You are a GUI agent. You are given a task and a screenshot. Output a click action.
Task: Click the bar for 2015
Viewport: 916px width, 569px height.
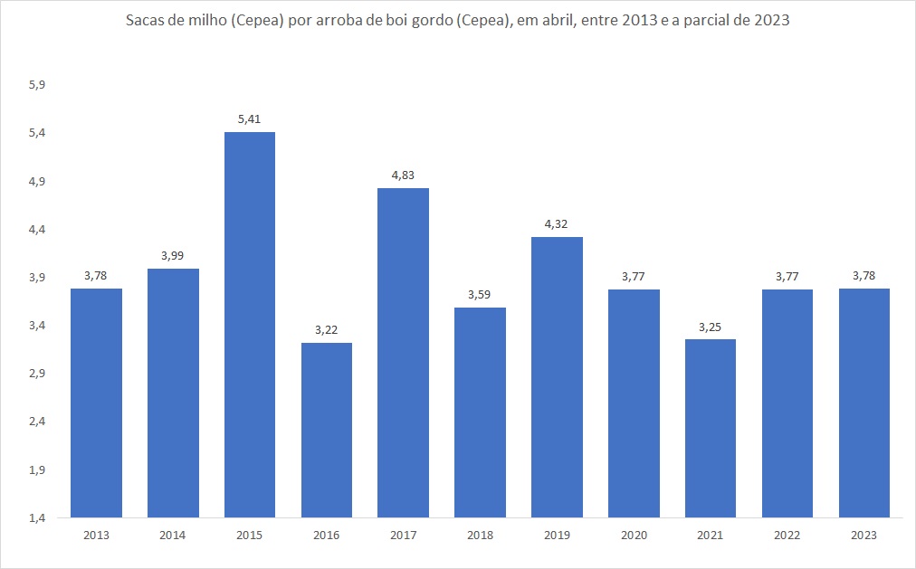coord(249,325)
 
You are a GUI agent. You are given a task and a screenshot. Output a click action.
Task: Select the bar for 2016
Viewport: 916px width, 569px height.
coord(326,430)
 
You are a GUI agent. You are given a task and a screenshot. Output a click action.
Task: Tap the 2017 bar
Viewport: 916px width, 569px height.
coord(403,353)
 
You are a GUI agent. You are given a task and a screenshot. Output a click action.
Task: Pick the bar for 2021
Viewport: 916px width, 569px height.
coord(711,428)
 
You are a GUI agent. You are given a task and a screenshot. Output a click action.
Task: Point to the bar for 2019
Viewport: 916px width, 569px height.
coord(557,377)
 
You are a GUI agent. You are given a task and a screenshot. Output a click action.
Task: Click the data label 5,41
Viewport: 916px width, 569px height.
coord(249,119)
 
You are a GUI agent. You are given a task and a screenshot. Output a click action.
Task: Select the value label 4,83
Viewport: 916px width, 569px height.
coord(403,175)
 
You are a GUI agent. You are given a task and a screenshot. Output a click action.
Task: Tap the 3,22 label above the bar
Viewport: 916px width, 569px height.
coord(326,329)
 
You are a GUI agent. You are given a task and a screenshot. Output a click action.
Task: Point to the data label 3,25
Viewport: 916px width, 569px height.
coord(711,326)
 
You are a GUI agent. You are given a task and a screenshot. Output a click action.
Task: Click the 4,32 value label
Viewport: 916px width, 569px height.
coord(557,223)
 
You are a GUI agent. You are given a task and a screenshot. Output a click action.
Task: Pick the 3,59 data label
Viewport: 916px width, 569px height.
coord(480,294)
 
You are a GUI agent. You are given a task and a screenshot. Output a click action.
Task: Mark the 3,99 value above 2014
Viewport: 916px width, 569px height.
coord(173,255)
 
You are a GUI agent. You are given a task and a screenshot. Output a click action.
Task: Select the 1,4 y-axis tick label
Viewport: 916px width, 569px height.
coord(37,518)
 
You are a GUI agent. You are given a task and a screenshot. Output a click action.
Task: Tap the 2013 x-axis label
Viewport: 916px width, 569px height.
coord(96,536)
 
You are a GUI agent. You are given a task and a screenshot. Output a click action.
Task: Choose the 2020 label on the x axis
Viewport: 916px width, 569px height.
coord(634,536)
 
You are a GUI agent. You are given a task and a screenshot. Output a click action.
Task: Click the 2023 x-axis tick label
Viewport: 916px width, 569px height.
coord(864,536)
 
